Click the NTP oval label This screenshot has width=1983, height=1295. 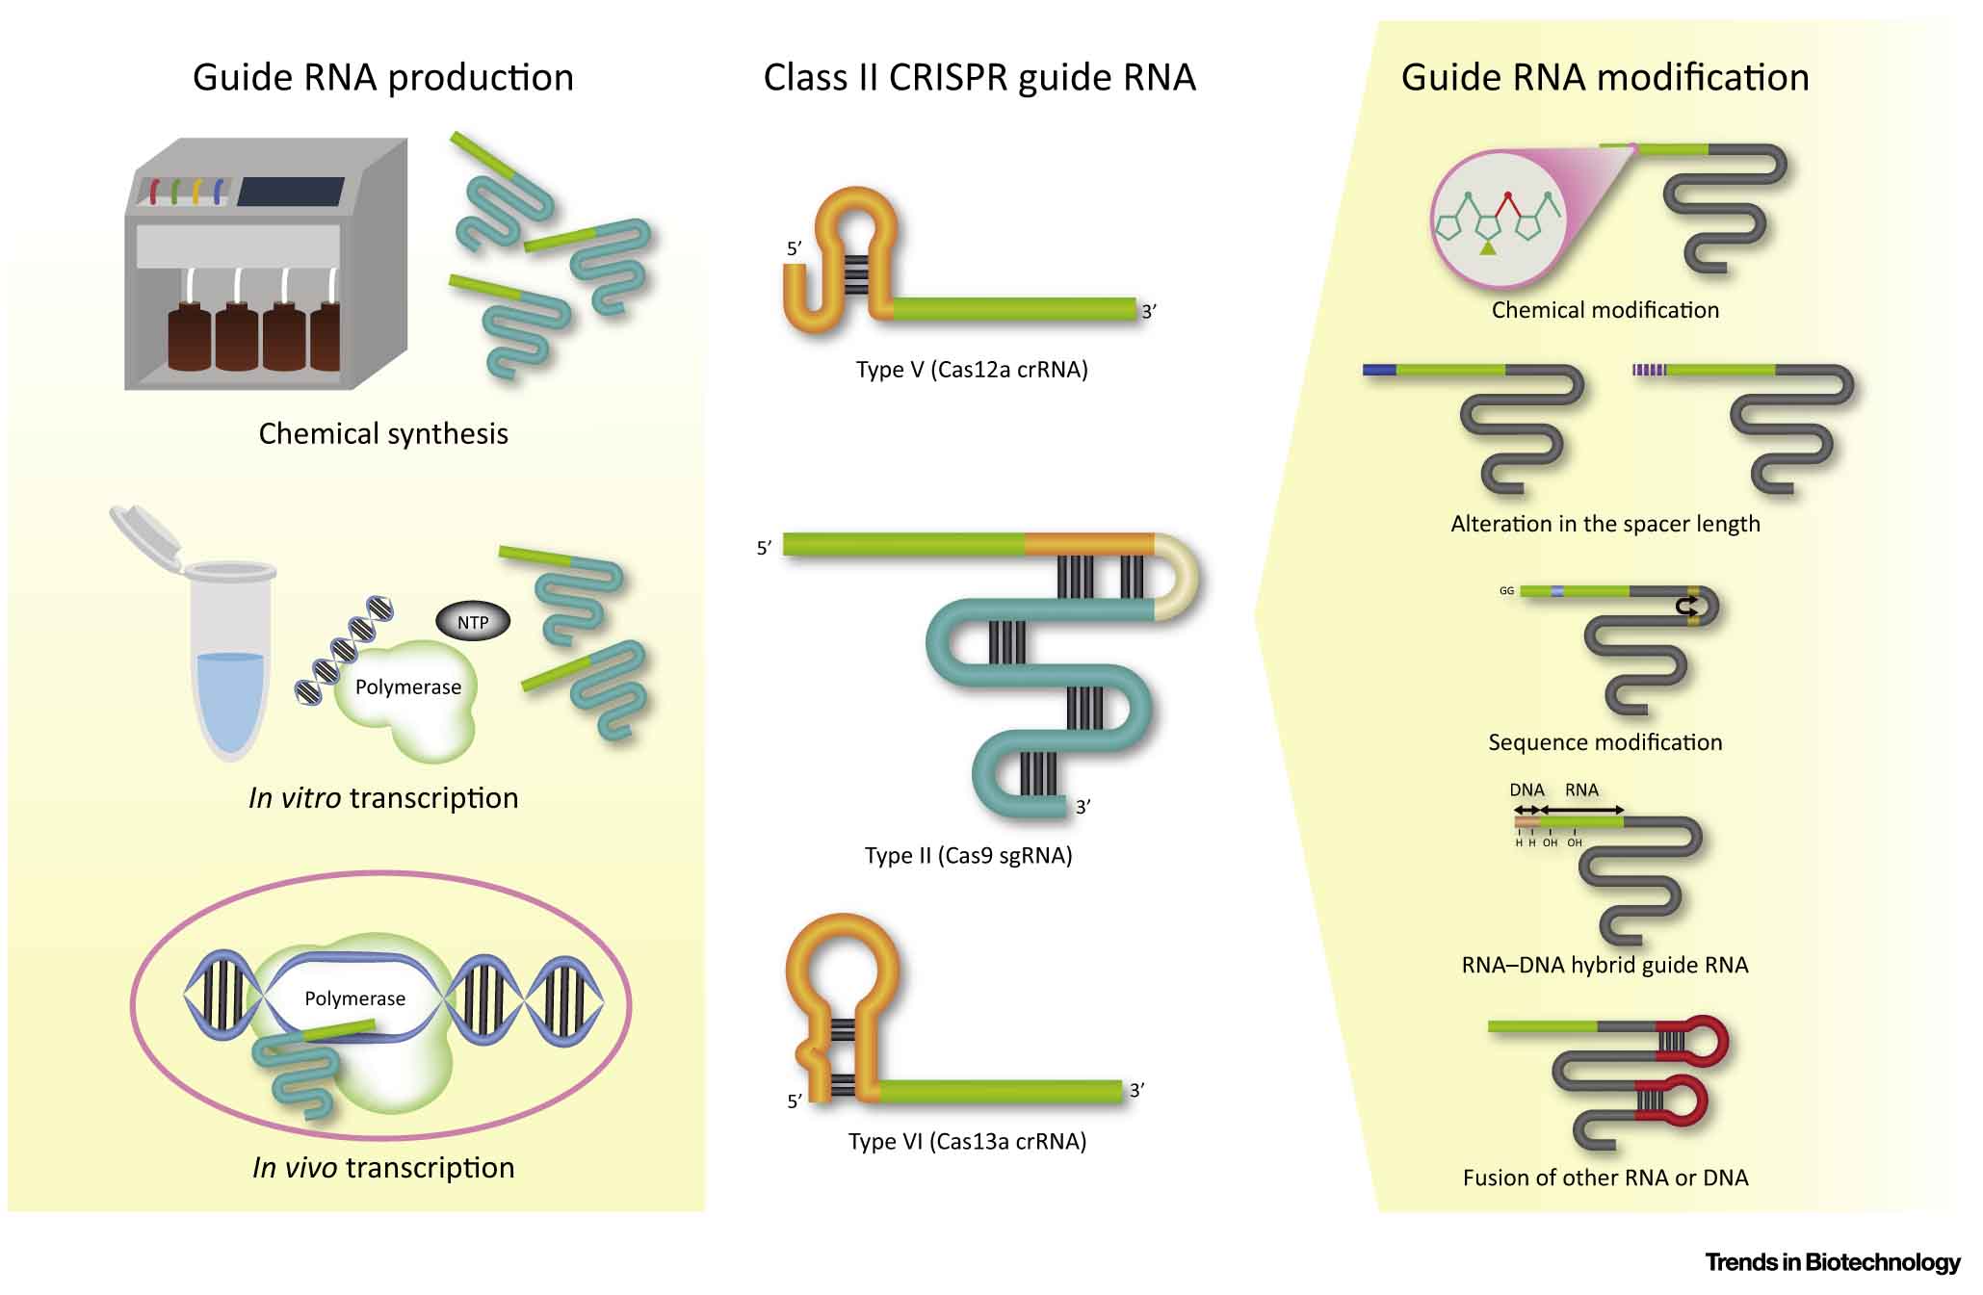pyautogui.click(x=472, y=622)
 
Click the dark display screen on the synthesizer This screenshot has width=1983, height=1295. pyautogui.click(x=290, y=192)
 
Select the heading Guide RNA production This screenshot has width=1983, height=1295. pyautogui.click(x=382, y=78)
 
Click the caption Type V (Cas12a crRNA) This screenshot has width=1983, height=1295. pyautogui.click(x=971, y=370)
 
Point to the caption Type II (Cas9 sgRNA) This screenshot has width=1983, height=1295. pyautogui.click(x=968, y=855)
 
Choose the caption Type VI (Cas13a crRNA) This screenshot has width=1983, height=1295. pyautogui.click(x=967, y=1141)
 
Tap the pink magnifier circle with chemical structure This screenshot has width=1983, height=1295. pyautogui.click(x=1499, y=220)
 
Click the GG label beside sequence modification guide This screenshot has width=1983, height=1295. pyautogui.click(x=1506, y=591)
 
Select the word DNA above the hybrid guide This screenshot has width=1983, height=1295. pyautogui.click(x=1526, y=790)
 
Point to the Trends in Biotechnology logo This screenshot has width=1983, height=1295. pyautogui.click(x=1832, y=1262)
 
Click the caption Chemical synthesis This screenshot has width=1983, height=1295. pyautogui.click(x=383, y=434)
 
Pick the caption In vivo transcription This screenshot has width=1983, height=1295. pyautogui.click(x=383, y=1168)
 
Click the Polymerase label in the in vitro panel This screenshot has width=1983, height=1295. pyautogui.click(x=407, y=687)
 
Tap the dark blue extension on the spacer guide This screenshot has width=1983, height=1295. pyautogui.click(x=1380, y=370)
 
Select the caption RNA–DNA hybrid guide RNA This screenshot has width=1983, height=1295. pyautogui.click(x=1605, y=965)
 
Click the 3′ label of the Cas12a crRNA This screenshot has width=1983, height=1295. pyautogui.click(x=1148, y=312)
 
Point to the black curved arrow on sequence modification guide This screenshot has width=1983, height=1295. pyautogui.click(x=1686, y=606)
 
